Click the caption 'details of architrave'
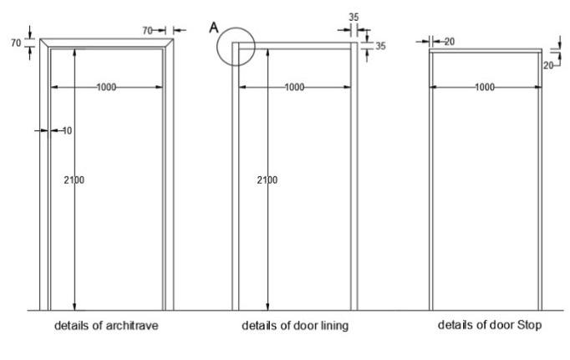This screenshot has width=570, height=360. [106, 326]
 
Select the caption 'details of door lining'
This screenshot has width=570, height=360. [295, 326]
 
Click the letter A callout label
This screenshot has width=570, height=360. [214, 28]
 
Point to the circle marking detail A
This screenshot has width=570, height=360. [235, 47]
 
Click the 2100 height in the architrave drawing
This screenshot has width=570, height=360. [74, 180]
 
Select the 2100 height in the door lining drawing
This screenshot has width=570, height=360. [267, 180]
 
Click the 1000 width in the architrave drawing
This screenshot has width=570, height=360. [106, 87]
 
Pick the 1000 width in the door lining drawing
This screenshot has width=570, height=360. [293, 87]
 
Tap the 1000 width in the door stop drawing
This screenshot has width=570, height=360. [484, 87]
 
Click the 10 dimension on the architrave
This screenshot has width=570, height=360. [67, 130]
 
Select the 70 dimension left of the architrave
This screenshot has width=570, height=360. [16, 43]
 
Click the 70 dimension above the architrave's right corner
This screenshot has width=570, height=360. [147, 30]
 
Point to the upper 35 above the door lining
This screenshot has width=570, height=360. [353, 16]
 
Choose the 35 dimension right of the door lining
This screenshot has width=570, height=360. [380, 47]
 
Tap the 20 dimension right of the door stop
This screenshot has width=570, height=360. [548, 64]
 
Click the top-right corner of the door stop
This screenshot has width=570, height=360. [541, 51]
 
